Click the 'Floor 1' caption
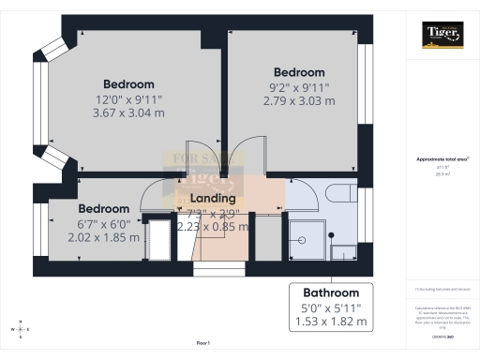coord(202,343)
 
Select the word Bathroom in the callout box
coord(331,292)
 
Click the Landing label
coord(213,198)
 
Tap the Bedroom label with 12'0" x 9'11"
coord(128,82)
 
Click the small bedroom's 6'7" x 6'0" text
coord(103,223)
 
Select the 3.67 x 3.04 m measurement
coord(128,112)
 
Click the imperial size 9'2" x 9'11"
coord(299,87)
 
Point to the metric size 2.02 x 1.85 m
coord(103,237)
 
